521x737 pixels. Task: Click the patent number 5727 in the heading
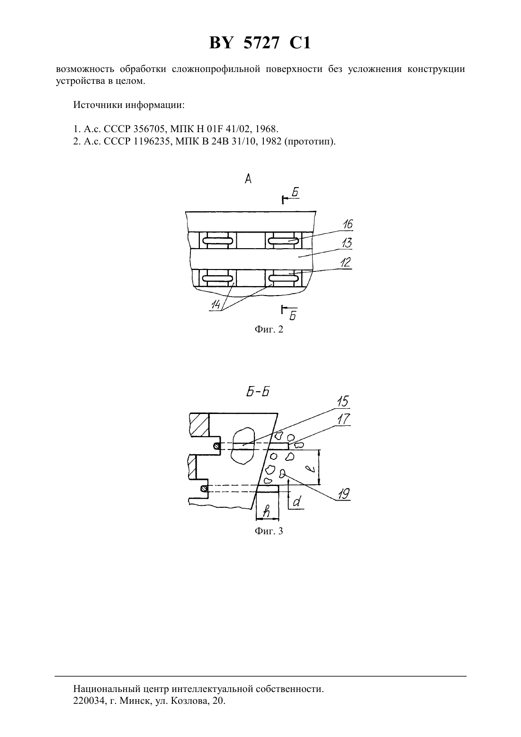coord(261,43)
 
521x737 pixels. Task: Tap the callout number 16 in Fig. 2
coord(347,224)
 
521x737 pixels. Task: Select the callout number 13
coord(347,243)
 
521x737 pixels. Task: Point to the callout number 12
coord(345,262)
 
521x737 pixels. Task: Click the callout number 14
coord(216,305)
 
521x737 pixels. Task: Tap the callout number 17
coord(343,419)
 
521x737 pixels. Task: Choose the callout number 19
coord(343,494)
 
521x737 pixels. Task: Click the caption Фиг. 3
coord(269,531)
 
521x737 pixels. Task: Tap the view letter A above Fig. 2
coord(248,179)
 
